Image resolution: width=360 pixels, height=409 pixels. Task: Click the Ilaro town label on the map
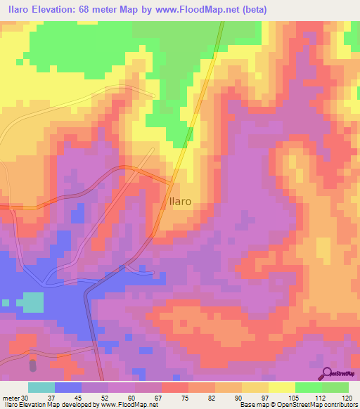click(x=181, y=201)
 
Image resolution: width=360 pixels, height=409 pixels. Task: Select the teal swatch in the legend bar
click(x=41, y=387)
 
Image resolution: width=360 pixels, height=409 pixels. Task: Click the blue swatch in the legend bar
click(x=68, y=387)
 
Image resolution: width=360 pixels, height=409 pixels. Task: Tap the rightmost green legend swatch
click(x=335, y=387)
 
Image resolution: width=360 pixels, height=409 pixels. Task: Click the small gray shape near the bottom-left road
click(x=32, y=366)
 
